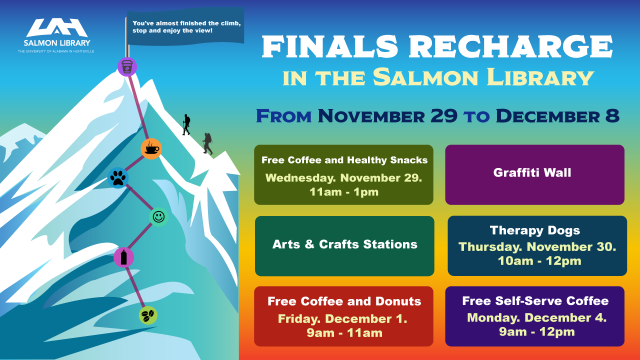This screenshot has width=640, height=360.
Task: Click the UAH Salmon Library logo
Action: tap(56, 35)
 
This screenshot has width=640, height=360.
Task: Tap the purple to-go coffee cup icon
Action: tap(127, 67)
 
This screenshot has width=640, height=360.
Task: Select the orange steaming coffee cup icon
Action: tap(151, 149)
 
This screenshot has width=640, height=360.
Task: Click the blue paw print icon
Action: tap(118, 177)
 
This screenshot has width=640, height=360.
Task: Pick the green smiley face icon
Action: tap(158, 217)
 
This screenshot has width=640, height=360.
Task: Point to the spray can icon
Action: tap(123, 257)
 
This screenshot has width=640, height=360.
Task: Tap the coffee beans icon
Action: tap(148, 315)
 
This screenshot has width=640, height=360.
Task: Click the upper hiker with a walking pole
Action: tap(186, 124)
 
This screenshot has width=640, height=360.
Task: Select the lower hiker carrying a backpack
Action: tap(207, 143)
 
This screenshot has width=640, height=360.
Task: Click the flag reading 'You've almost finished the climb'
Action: tap(185, 27)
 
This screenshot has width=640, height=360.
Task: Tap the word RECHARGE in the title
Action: tap(511, 46)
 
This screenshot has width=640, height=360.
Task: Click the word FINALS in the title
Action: tap(329, 46)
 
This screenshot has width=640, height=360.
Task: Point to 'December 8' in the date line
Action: tap(557, 115)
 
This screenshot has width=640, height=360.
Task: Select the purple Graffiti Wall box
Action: tap(534, 174)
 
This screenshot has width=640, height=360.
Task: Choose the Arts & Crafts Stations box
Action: tap(344, 246)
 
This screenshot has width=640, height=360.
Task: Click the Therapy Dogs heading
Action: tap(535, 230)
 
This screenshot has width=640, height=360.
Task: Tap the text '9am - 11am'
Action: tap(344, 333)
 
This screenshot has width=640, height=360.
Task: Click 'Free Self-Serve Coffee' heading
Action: tap(535, 301)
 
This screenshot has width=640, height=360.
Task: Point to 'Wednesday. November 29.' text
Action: tap(343, 177)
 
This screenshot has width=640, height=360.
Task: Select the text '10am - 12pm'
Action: tap(539, 261)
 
